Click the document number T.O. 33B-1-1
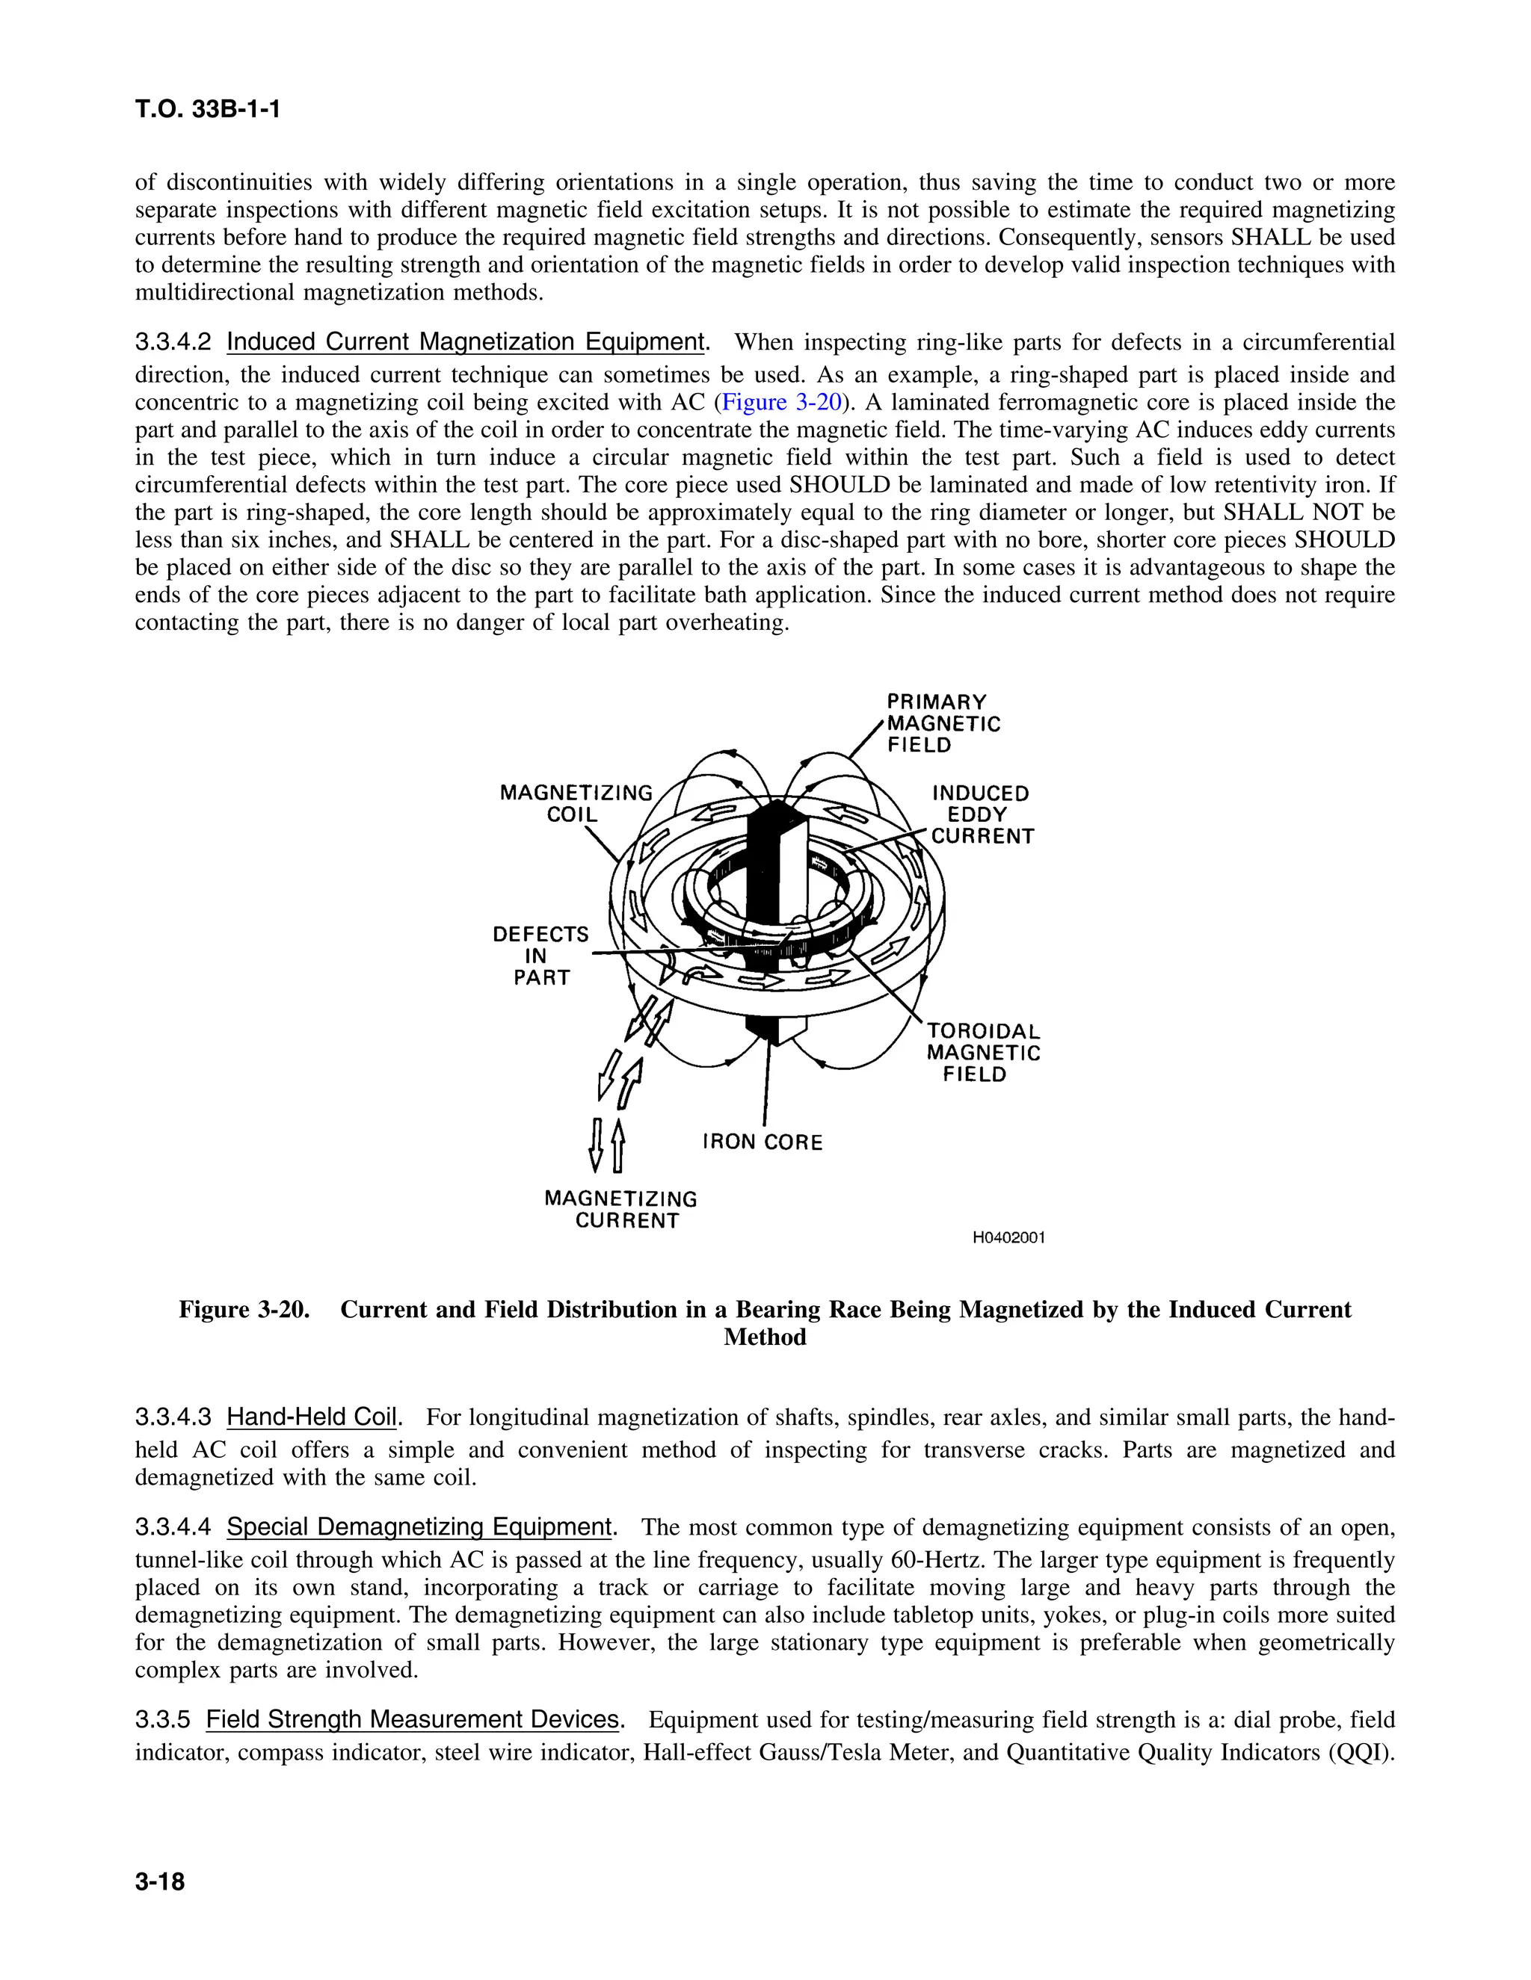coord(208,110)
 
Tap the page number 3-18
coord(160,1882)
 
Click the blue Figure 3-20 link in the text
coord(782,402)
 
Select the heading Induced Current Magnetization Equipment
coord(465,343)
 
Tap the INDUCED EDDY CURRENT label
coord(982,814)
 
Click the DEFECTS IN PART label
coord(540,956)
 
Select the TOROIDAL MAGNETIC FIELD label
coord(982,1053)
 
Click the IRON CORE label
coord(762,1142)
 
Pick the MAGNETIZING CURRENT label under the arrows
coord(622,1210)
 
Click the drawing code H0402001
coord(1008,1237)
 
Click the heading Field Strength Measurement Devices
coord(413,1720)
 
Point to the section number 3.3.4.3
coord(173,1418)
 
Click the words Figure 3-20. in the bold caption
coord(244,1310)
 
